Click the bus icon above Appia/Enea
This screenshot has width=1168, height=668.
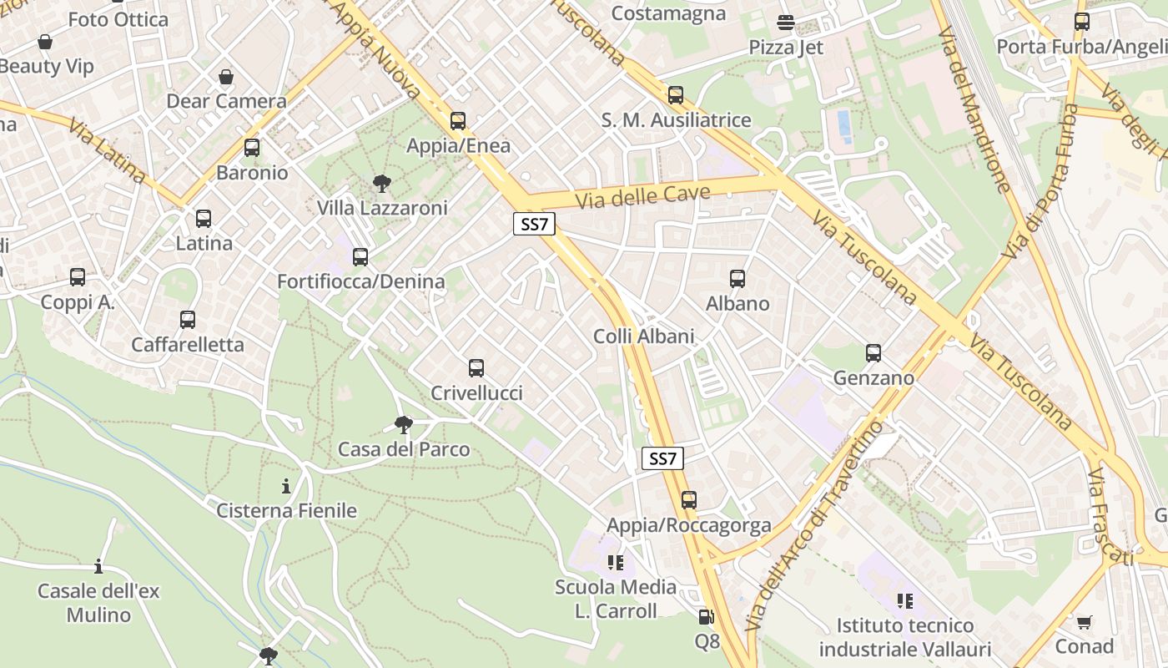click(457, 121)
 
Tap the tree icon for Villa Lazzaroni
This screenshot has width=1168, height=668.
click(382, 183)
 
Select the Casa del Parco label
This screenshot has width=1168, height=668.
click(404, 449)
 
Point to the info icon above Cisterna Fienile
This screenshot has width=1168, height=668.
click(286, 486)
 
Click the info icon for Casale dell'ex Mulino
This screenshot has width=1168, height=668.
click(98, 567)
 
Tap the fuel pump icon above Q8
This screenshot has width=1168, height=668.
click(706, 617)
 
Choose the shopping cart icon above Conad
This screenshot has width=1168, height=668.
click(1084, 622)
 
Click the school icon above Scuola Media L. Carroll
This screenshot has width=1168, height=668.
click(616, 563)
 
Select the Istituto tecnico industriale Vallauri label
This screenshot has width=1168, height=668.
click(905, 637)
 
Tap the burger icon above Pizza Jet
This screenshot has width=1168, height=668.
click(785, 23)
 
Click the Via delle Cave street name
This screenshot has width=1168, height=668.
click(642, 197)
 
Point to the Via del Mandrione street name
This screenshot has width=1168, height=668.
click(973, 109)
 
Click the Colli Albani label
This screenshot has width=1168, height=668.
click(643, 336)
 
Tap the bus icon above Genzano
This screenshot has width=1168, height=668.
click(873, 353)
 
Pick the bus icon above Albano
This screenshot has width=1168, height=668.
click(738, 279)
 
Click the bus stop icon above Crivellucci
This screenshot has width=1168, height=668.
click(476, 367)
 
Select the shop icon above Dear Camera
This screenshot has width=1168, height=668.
click(226, 78)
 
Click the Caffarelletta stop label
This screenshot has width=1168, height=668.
click(188, 344)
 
